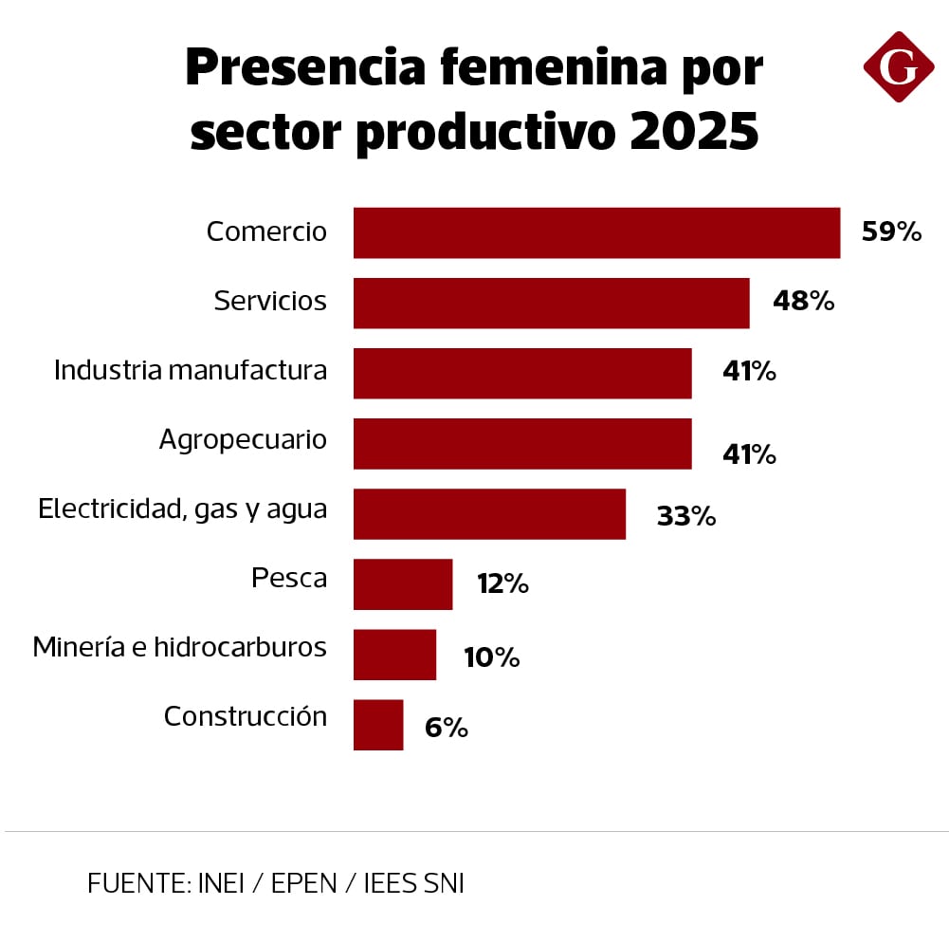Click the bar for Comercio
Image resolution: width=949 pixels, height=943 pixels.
[596, 232]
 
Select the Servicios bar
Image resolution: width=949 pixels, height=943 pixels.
[551, 303]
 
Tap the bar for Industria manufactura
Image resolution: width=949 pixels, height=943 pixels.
[522, 373]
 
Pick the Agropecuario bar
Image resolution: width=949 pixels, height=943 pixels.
[522, 443]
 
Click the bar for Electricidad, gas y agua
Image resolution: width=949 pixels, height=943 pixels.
[489, 513]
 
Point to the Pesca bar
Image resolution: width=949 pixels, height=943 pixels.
[403, 583]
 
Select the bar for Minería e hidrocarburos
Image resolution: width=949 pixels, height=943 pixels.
[394, 654]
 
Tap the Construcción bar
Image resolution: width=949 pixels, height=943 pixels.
[378, 724]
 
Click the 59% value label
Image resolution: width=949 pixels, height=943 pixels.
[891, 232]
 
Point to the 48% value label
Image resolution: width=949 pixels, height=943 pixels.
[803, 302]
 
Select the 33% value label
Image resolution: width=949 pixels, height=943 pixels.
[685, 516]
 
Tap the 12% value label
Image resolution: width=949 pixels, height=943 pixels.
[502, 583]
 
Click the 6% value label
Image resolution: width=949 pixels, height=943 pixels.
[446, 728]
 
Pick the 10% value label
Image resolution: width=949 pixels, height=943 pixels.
[491, 656]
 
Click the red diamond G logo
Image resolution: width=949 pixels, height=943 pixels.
[898, 66]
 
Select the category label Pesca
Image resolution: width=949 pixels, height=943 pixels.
[289, 577]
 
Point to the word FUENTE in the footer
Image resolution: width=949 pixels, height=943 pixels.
[137, 883]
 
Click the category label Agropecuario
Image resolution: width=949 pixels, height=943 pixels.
[243, 440]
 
